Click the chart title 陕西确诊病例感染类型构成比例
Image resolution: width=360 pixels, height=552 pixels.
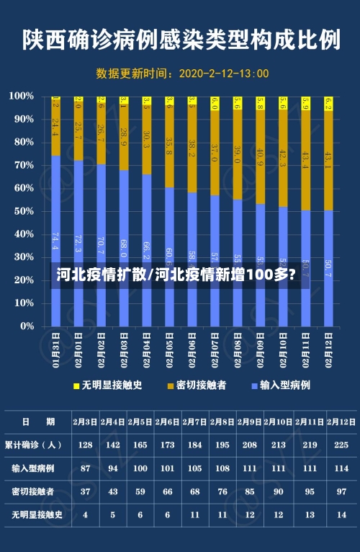[180, 40]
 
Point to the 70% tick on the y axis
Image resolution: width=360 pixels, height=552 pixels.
[22, 165]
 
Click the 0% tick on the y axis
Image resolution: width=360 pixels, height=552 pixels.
[24, 326]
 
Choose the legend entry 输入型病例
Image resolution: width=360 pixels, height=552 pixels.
[284, 386]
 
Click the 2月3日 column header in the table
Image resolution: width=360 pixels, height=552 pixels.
[85, 422]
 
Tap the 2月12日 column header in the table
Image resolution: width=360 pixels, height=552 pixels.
[341, 422]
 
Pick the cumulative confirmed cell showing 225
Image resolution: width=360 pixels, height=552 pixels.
[341, 445]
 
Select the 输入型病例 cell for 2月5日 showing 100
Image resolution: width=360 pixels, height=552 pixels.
[140, 468]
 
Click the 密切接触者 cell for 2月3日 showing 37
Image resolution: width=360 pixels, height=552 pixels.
[85, 491]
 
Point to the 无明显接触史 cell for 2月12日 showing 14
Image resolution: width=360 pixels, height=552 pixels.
[341, 515]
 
